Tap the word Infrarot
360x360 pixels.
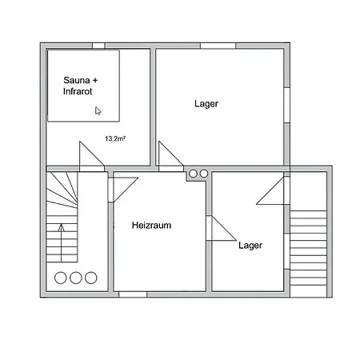click(x=80, y=93)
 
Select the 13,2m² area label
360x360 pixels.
click(x=115, y=138)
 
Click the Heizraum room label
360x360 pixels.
click(x=151, y=226)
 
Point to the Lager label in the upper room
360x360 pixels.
click(x=206, y=104)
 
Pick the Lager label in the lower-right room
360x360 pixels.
click(x=250, y=246)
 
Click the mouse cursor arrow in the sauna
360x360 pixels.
click(x=98, y=111)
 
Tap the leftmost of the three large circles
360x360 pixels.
click(x=62, y=278)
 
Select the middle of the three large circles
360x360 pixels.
click(x=76, y=278)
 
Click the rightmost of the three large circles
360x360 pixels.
click(x=90, y=278)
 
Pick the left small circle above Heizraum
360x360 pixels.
click(x=192, y=173)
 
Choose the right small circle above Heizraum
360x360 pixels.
click(x=203, y=173)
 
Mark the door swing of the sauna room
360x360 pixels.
click(x=89, y=155)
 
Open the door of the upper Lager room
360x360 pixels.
click(x=168, y=155)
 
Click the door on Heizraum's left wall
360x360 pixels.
click(x=118, y=190)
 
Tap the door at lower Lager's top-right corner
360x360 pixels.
click(x=270, y=192)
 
